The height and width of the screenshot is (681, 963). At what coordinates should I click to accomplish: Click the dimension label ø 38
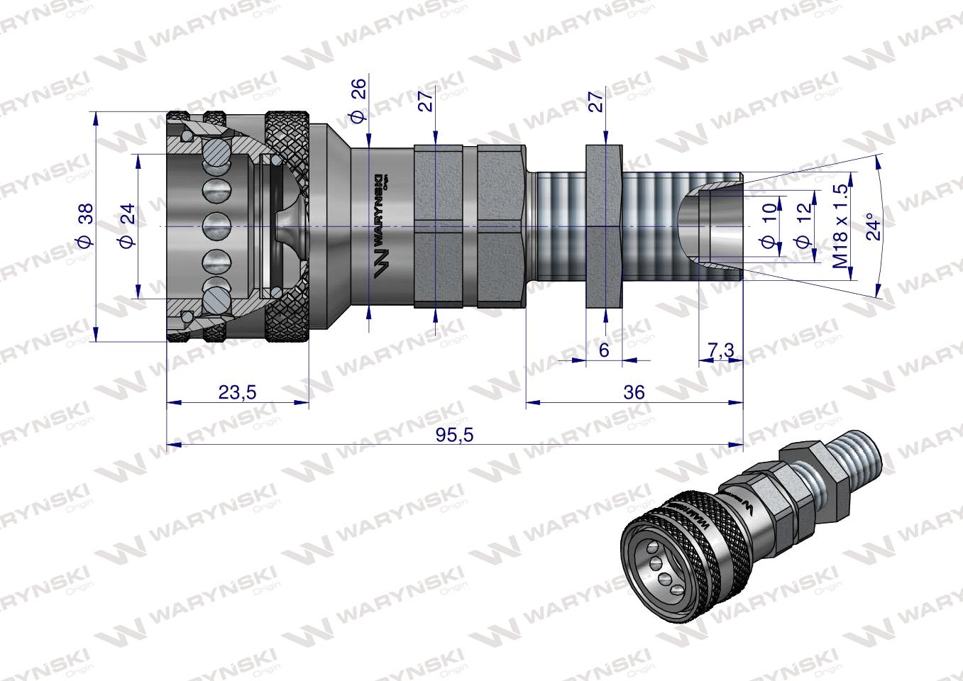(x=84, y=226)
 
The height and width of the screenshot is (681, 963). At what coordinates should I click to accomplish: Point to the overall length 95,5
(x=455, y=435)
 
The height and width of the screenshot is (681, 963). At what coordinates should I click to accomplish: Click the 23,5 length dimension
(x=237, y=392)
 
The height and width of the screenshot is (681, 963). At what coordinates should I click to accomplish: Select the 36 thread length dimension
(x=634, y=392)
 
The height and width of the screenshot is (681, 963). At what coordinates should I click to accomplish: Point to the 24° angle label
(x=874, y=226)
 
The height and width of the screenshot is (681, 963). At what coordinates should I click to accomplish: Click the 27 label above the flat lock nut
(x=597, y=101)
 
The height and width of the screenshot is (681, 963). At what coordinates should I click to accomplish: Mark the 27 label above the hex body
(x=427, y=101)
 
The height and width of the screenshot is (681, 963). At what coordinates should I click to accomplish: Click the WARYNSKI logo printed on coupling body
(x=381, y=226)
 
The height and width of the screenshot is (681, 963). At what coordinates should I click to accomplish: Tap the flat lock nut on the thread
(x=604, y=226)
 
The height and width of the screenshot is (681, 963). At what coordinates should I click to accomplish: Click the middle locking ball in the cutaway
(x=218, y=226)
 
